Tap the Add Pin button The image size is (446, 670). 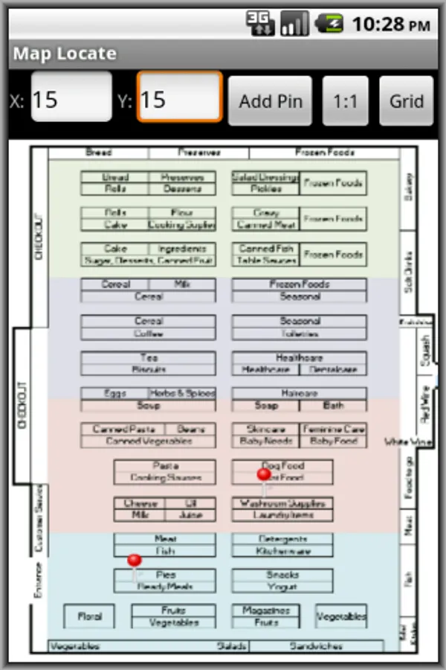271,100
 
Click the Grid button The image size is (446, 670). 406,100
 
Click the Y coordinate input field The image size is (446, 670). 179,98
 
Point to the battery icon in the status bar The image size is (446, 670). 329,24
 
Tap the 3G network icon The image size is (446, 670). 260,24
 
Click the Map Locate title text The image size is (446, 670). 65,54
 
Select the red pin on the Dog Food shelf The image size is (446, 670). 264,474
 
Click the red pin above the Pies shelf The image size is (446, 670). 135,561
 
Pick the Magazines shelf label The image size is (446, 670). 265,610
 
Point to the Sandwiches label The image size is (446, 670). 317,646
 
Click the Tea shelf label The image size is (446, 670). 149,357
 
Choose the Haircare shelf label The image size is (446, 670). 299,393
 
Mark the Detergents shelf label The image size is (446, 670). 282,539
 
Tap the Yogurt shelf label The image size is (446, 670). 282,587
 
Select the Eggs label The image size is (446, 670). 114,393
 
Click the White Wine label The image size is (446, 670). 407,442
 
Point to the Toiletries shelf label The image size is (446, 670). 299,334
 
